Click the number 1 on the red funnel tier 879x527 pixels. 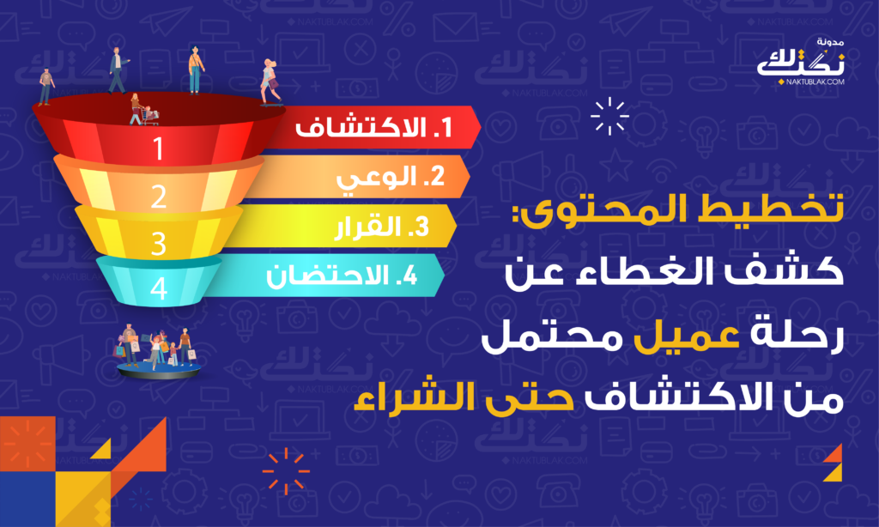click(159, 148)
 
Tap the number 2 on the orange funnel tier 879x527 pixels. click(159, 197)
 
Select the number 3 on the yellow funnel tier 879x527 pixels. click(159, 244)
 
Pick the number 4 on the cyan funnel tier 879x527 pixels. click(159, 288)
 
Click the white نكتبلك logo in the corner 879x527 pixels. click(801, 63)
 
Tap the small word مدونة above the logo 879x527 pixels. click(830, 42)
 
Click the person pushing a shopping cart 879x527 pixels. click(142, 110)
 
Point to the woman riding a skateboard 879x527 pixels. click(270, 82)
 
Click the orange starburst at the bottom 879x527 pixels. click(286, 471)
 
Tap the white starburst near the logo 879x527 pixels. click(610, 116)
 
